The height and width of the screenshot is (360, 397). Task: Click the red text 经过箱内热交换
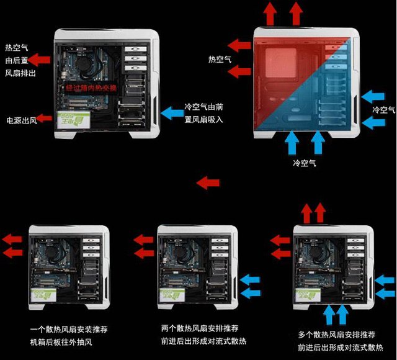click(x=92, y=88)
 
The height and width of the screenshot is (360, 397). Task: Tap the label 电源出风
click(x=21, y=119)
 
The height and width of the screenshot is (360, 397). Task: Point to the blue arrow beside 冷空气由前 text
click(x=170, y=113)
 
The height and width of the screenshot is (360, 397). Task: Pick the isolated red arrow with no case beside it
click(x=208, y=182)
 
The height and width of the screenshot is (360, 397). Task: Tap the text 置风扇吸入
click(x=203, y=119)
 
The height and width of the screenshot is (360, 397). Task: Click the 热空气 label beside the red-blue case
click(x=220, y=59)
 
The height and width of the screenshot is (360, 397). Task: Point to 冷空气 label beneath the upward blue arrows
click(x=304, y=163)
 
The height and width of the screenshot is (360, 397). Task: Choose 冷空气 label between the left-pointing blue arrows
click(x=383, y=109)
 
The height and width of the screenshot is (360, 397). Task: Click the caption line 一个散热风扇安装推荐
click(x=68, y=329)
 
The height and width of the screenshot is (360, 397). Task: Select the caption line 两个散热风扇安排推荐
click(x=199, y=328)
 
